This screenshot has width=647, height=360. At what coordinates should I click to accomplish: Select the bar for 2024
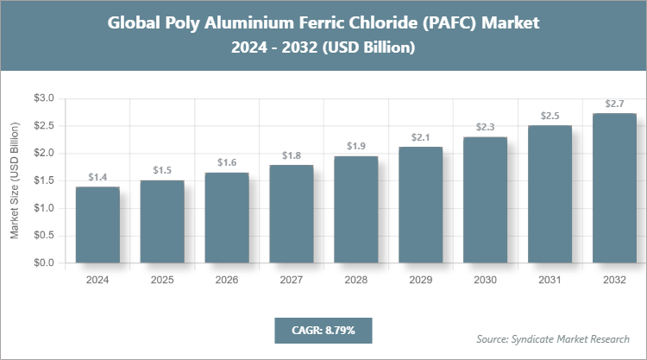coord(97,224)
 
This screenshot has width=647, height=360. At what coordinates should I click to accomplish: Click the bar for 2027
coord(291,213)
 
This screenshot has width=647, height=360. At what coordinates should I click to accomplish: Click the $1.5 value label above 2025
coord(162,170)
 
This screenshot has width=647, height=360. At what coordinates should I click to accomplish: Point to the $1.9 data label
coord(355,146)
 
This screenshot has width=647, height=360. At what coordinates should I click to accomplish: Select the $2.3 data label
coord(485,127)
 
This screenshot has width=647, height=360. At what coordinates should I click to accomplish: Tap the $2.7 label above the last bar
coord(614,104)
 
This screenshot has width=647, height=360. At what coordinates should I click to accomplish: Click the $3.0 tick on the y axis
coord(43,98)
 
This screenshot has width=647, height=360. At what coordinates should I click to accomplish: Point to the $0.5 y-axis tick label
coord(43,236)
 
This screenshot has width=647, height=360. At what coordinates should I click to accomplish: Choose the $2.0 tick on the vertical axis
coord(43,154)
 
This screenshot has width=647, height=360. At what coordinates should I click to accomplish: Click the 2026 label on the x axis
coord(226,281)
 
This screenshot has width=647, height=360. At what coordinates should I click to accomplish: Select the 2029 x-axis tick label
coord(420,281)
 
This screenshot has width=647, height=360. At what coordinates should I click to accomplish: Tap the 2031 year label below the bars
coord(550,281)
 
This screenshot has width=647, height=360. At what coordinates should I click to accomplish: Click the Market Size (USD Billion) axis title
coord(15,180)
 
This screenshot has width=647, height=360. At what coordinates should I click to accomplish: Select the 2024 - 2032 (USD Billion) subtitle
coord(323,49)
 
